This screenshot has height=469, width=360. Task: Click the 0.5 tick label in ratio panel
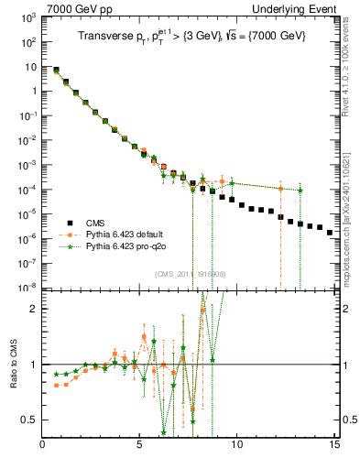pyautogui.click(x=30, y=420)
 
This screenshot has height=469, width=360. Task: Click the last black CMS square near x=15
pyautogui.click(x=330, y=233)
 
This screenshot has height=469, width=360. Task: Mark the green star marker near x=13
pyautogui.click(x=300, y=191)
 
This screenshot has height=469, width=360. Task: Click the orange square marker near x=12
pyautogui.click(x=280, y=188)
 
